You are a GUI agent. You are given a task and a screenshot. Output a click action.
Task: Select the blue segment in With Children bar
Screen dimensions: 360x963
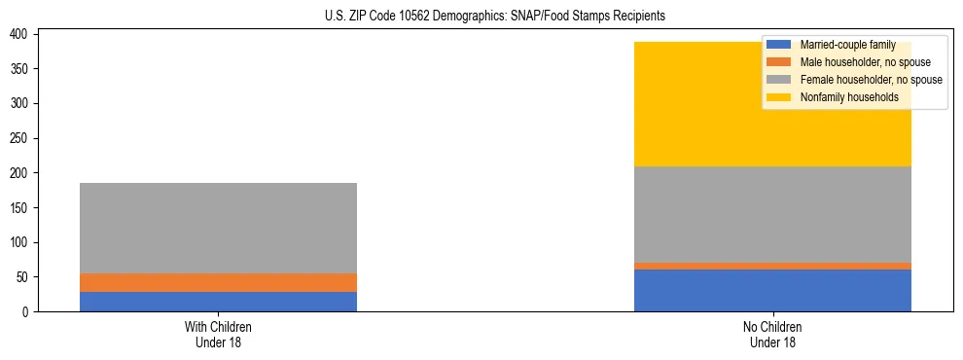coord(218,301)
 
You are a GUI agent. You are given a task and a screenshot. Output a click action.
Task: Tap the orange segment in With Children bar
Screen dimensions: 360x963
coord(218,282)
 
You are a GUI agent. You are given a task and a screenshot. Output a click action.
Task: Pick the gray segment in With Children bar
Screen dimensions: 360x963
coord(218,228)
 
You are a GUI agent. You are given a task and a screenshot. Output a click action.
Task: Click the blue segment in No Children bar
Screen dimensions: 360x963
coord(772,290)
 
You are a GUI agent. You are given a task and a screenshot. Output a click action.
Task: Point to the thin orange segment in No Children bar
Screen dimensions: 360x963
coord(772,266)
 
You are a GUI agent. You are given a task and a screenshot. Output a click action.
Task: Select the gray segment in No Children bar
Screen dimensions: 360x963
coord(772,214)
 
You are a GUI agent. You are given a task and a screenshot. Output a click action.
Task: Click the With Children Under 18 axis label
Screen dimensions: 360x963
coord(218,334)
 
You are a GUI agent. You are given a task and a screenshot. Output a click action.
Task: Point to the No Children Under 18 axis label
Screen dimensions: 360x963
coord(772,334)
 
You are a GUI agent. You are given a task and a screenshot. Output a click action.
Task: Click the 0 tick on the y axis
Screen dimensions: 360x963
coord(29,311)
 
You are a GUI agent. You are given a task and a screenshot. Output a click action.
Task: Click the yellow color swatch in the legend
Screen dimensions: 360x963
coord(779,97)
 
